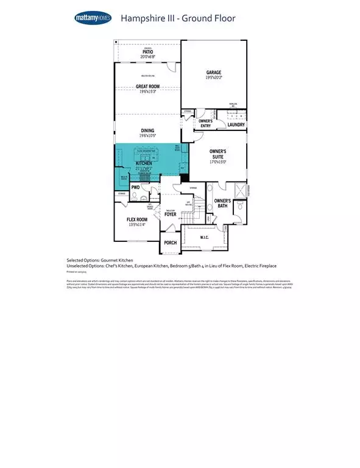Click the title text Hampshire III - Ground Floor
click(x=178, y=18)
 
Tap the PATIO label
click(x=147, y=52)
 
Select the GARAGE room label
click(x=213, y=72)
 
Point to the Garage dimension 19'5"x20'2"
click(x=213, y=78)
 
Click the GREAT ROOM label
click(x=147, y=87)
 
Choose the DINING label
click(x=147, y=130)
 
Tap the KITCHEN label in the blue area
click(x=144, y=164)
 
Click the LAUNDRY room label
click(x=236, y=125)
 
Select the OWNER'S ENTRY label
click(x=205, y=123)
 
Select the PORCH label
click(x=170, y=243)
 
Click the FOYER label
click(x=170, y=214)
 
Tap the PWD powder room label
click(x=136, y=188)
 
